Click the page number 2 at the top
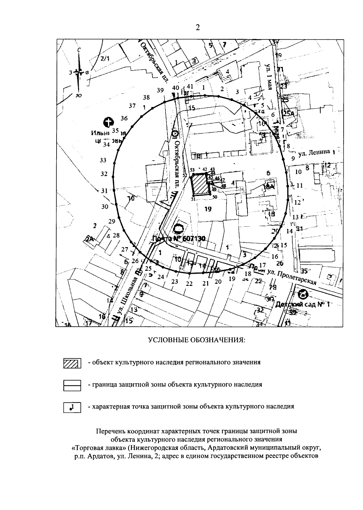pos(198,28)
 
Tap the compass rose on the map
pos(79,73)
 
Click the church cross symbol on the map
pos(108,123)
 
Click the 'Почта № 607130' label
pos(179,239)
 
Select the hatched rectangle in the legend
pos(72,363)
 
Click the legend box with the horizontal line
pos(72,385)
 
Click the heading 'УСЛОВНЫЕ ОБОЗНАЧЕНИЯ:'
pos(196,340)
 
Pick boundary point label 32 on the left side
pos(104,174)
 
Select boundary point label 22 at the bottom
pos(189,283)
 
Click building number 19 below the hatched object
pos(208,209)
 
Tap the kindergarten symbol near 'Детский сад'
pos(303,293)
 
